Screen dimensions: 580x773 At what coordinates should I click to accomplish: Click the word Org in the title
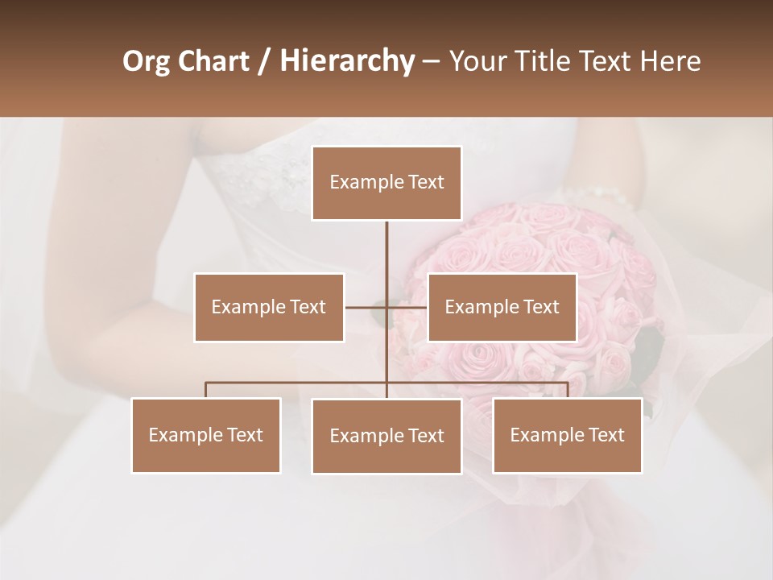click(x=146, y=62)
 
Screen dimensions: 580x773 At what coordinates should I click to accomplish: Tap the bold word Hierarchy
click(x=347, y=62)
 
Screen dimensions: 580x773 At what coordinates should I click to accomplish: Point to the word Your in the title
click(x=475, y=62)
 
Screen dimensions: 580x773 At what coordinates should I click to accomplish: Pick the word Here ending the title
click(x=670, y=62)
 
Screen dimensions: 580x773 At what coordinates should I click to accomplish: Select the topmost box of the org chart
click(x=386, y=183)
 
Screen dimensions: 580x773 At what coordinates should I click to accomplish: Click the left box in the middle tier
click(x=269, y=307)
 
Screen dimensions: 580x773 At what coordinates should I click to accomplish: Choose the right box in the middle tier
click(x=502, y=307)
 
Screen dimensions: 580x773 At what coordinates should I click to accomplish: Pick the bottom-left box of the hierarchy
click(x=206, y=435)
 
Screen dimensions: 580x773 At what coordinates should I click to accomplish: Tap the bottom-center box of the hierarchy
click(x=386, y=436)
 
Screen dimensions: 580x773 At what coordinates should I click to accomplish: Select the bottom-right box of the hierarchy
click(x=567, y=435)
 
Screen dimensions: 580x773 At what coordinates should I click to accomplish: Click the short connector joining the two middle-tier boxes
click(x=367, y=307)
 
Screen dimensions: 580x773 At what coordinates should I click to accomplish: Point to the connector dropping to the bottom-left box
click(x=206, y=390)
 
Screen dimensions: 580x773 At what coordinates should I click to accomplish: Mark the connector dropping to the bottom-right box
click(x=567, y=390)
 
